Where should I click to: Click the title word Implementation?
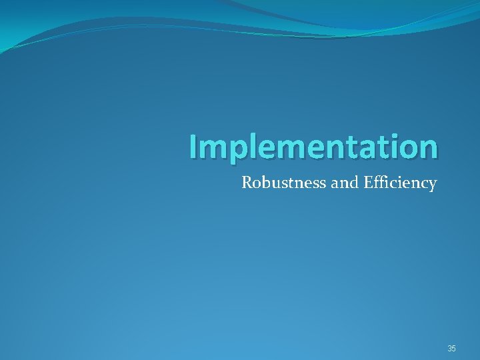coord(313,147)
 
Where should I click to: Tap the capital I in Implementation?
coord(192,147)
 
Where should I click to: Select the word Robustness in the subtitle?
coord(284,182)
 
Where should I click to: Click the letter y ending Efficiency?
coord(432,185)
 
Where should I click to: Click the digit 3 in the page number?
coord(449,349)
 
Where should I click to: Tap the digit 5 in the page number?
coord(454,349)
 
